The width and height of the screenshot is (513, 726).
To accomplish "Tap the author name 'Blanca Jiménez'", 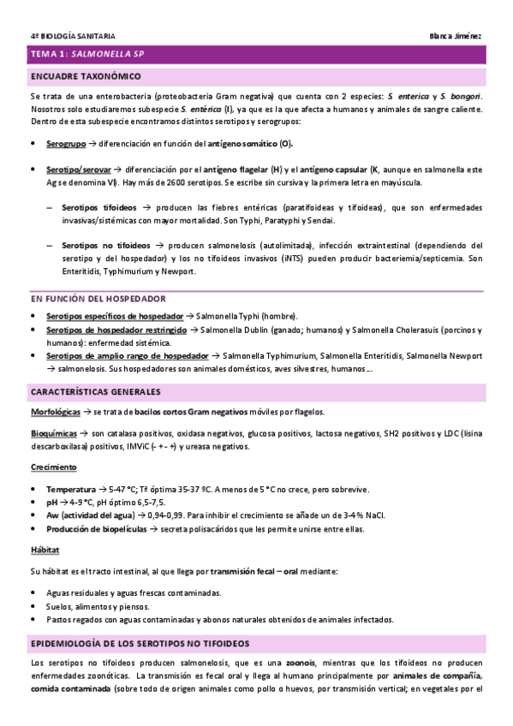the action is (456, 35).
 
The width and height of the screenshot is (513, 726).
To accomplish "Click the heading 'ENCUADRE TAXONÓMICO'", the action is (86, 76).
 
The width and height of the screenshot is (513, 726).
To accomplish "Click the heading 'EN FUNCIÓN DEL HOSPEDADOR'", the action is (98, 298).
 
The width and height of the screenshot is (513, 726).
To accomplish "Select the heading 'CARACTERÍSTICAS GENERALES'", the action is (95, 391).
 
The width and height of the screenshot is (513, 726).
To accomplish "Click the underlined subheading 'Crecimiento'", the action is (53, 467).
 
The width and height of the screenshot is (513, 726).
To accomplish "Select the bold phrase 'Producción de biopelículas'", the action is (96, 528).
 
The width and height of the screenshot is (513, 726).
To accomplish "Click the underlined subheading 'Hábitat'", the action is (45, 550).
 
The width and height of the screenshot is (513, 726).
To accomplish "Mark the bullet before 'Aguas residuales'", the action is (33, 592).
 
